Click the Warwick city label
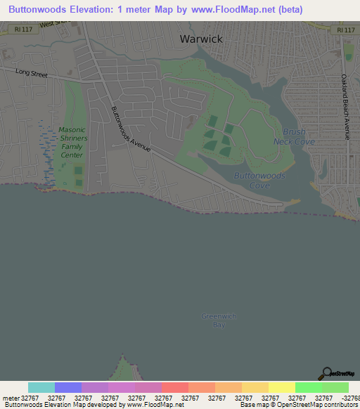point(201,39)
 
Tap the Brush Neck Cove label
point(294,136)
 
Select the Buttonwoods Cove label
point(259,181)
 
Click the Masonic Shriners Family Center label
point(71,143)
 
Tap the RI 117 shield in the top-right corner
point(345,30)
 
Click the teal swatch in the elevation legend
point(41,387)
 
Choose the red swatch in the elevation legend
point(174,387)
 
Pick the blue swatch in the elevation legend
point(68,387)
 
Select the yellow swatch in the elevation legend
point(281,387)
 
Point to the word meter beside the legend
point(11,398)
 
